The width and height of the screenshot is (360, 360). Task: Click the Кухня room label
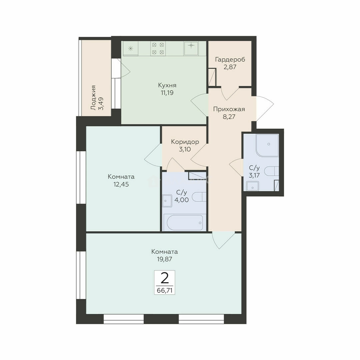(167, 85)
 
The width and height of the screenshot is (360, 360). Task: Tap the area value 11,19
(167, 93)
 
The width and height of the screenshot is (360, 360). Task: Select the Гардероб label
(230, 60)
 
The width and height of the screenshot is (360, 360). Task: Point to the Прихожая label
(229, 109)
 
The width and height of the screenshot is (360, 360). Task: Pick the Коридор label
(185, 142)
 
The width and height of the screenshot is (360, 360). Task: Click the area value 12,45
(121, 184)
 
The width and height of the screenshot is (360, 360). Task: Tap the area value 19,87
(164, 259)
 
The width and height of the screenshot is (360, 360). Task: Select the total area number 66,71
(165, 290)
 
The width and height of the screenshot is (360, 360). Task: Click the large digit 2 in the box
(165, 278)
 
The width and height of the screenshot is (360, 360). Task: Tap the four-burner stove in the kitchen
(158, 48)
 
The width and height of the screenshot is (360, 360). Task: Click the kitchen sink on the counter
(191, 48)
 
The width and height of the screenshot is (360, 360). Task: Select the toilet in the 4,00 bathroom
(199, 197)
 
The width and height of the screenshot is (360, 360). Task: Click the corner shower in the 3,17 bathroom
(267, 145)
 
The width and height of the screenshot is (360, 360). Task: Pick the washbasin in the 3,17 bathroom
(253, 186)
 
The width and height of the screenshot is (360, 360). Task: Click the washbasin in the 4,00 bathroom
(167, 201)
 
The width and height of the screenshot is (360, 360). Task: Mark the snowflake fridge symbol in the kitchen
(131, 48)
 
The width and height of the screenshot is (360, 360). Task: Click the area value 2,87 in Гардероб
(230, 67)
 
